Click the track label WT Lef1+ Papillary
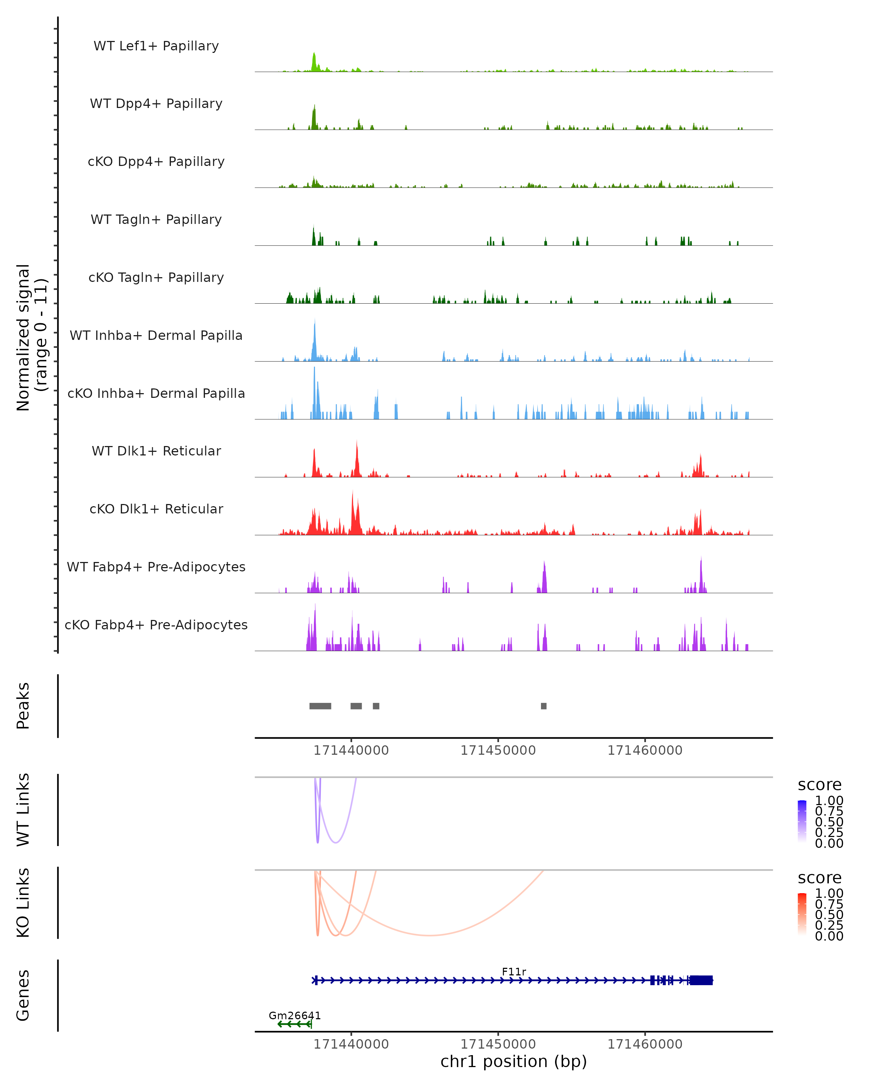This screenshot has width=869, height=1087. pyautogui.click(x=156, y=46)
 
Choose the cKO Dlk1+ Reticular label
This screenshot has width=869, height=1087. pyautogui.click(x=156, y=509)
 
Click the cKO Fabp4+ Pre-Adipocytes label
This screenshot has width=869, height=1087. pyautogui.click(x=156, y=625)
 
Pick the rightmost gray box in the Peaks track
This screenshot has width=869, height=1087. pyautogui.click(x=543, y=706)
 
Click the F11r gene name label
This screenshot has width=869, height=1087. pyautogui.click(x=514, y=971)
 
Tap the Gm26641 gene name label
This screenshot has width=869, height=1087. pyautogui.click(x=295, y=1015)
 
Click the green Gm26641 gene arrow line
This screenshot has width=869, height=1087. pyautogui.click(x=295, y=1024)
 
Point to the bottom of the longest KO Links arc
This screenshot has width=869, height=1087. pyautogui.click(x=429, y=935)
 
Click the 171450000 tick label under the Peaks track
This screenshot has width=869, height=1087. pyautogui.click(x=498, y=750)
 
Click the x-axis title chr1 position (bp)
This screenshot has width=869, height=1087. pyautogui.click(x=513, y=1061)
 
